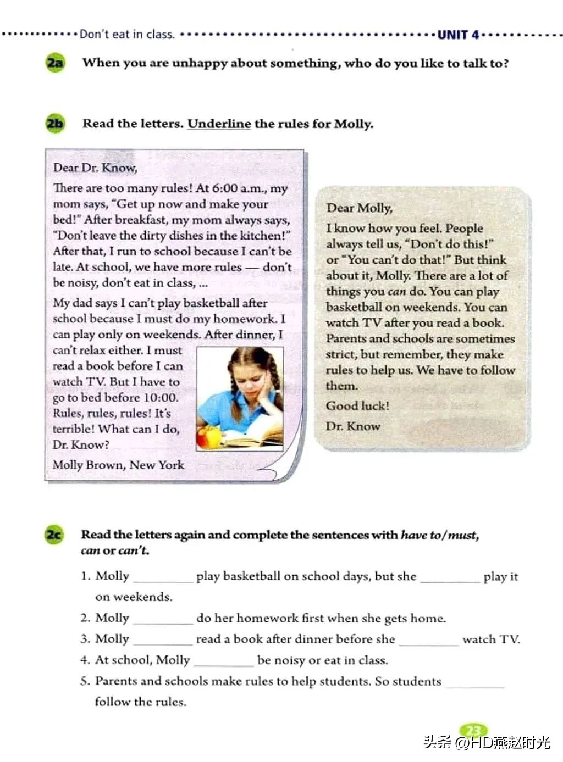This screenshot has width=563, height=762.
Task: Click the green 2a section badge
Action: (x=55, y=63)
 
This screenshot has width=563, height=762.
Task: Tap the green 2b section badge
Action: (x=55, y=123)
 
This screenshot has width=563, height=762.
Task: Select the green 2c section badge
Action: (x=54, y=535)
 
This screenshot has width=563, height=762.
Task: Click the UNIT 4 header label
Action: (x=459, y=35)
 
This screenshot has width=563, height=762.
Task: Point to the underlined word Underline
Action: (x=219, y=124)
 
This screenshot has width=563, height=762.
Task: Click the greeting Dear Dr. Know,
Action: (x=95, y=168)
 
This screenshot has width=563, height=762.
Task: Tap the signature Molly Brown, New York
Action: (x=118, y=465)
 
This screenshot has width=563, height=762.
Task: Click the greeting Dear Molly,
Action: (x=359, y=208)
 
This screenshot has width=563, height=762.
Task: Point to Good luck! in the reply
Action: (x=357, y=406)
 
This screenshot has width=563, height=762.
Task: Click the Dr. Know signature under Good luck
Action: (x=353, y=426)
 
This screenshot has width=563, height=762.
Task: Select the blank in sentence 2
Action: (x=162, y=620)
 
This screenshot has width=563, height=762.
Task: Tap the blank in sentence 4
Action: (x=223, y=661)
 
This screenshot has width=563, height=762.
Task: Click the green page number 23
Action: (x=473, y=730)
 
